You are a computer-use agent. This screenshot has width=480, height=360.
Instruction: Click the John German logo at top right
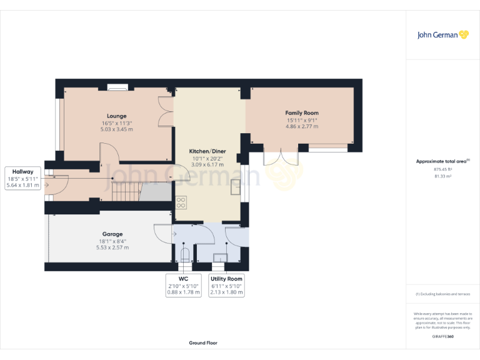tap(442, 35)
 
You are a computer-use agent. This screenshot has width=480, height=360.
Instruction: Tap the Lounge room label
tap(116, 116)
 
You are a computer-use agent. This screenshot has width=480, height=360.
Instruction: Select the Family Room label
tap(302, 112)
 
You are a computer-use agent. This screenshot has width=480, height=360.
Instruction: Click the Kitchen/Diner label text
tap(207, 151)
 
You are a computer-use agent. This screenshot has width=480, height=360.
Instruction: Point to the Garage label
tap(112, 234)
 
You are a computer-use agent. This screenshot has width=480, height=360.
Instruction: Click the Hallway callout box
tap(22, 178)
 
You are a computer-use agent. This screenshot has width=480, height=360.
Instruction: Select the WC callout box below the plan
tap(184, 285)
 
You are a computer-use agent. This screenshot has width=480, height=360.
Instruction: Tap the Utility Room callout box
tap(226, 285)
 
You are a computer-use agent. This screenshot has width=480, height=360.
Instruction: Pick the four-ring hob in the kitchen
tap(181, 202)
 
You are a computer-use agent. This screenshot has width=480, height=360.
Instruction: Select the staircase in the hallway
tap(126, 189)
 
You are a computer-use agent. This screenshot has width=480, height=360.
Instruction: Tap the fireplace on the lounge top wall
tap(117, 87)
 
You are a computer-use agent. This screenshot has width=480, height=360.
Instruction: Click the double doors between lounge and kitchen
tap(166, 112)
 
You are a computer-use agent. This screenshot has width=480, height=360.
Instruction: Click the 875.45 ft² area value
tap(442, 169)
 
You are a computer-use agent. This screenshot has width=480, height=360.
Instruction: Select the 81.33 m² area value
tap(442, 176)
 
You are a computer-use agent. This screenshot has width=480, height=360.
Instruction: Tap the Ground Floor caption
tap(203, 343)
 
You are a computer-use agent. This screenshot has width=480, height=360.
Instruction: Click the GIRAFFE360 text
tap(442, 337)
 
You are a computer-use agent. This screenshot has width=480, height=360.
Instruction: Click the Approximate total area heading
tap(442, 161)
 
